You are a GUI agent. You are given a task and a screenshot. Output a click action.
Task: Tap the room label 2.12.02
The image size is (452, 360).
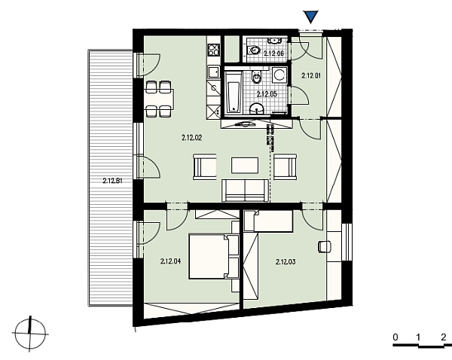tap(194, 138)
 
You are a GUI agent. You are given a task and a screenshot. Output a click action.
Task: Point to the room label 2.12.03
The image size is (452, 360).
tap(286, 262)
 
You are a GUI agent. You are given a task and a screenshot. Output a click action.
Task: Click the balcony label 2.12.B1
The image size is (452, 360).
tap(112, 181)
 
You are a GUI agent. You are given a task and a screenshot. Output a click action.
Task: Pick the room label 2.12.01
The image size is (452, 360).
tap(311, 75)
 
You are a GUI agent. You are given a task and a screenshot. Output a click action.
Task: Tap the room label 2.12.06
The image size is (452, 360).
tap(273, 53)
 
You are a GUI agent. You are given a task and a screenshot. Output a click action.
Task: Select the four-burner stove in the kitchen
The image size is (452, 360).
tap(213, 51)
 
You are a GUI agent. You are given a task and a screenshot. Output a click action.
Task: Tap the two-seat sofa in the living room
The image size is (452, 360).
tap(244, 191)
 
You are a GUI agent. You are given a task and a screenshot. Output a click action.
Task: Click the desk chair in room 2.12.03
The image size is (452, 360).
tap(325, 246)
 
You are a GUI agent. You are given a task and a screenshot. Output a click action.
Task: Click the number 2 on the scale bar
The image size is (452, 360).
tap(443, 337)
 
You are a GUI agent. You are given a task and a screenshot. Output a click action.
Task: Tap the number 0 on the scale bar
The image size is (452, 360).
tap(394, 337)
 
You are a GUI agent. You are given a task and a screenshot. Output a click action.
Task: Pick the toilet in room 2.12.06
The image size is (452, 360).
tap(256, 51)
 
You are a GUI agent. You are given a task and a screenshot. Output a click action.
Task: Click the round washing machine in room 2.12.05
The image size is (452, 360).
tap(279, 75)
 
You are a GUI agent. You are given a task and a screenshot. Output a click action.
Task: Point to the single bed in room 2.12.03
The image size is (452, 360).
tap(268, 221)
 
